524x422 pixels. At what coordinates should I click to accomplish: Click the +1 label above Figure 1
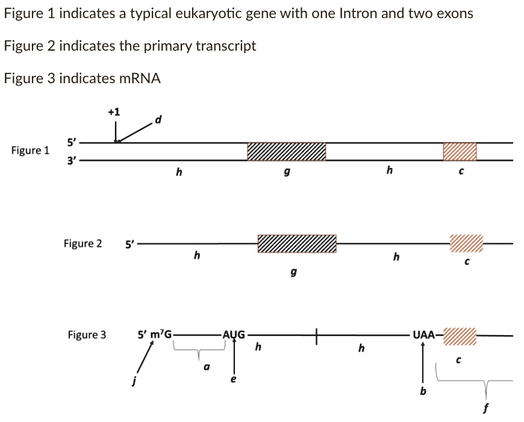click(x=114, y=112)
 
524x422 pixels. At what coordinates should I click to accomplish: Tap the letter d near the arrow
click(x=158, y=119)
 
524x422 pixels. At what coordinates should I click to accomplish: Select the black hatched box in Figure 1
click(x=287, y=152)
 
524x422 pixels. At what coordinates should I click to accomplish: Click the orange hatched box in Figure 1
click(x=460, y=152)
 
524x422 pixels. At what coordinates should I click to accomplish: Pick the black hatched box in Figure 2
click(x=297, y=244)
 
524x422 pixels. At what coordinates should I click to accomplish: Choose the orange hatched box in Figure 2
click(x=466, y=244)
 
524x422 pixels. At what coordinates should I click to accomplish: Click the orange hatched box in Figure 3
click(x=460, y=335)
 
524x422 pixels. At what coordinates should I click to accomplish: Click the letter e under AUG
click(x=234, y=379)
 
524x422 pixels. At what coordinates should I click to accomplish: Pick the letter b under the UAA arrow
click(x=423, y=391)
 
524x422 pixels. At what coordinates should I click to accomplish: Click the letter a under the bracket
click(x=207, y=365)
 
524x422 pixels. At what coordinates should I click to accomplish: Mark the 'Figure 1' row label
click(x=31, y=150)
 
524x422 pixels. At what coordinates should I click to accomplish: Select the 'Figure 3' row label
click(x=87, y=335)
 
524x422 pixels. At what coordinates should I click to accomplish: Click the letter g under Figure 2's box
click(x=294, y=273)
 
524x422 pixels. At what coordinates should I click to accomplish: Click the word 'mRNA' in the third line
click(x=140, y=78)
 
